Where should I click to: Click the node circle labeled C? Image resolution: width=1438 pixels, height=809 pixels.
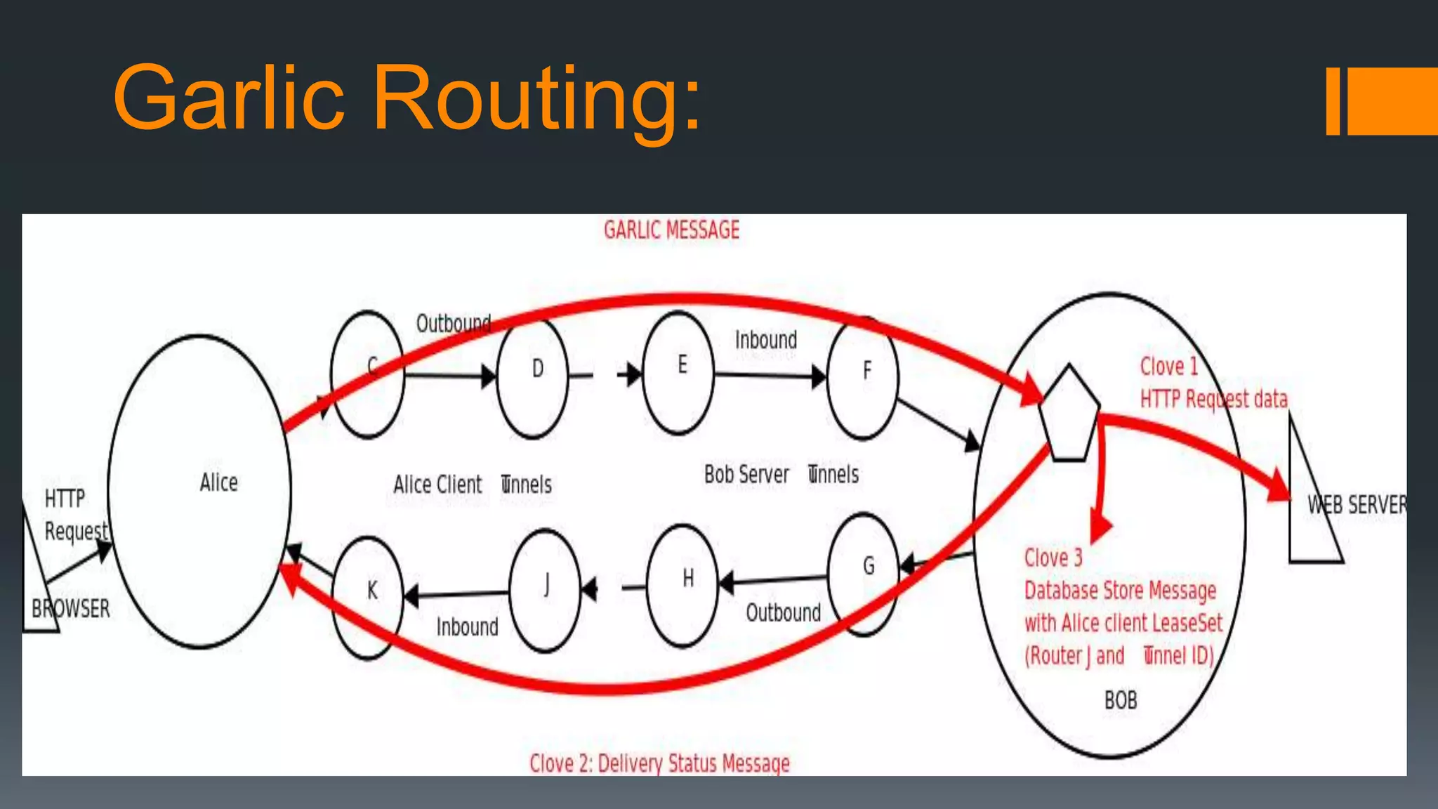pos(367,374)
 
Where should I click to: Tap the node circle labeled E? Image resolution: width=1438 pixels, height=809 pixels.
pos(678,373)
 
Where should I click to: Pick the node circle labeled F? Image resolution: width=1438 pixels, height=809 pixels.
pos(863,378)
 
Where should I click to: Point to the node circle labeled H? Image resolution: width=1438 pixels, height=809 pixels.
pos(682,585)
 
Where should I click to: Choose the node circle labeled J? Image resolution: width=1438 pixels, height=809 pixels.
pos(546,591)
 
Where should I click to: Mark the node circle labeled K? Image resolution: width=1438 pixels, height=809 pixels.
pos(367,598)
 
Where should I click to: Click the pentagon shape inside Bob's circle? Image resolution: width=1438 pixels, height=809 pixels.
pos(1069,414)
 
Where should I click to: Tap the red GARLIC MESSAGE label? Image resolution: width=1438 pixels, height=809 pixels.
pos(671,230)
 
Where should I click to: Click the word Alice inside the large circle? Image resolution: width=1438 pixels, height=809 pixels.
pos(218,482)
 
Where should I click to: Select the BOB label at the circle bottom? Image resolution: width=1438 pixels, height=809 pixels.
pos(1120,700)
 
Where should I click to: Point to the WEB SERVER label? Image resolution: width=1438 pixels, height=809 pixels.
pos(1357,504)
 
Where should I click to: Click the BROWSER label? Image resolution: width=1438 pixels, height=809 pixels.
pos(71,608)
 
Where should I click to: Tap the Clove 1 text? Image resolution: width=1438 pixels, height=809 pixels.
pos(1168,367)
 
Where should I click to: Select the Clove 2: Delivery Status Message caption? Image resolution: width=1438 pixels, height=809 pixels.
pos(659,763)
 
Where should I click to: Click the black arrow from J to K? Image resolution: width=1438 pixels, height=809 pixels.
pos(456,595)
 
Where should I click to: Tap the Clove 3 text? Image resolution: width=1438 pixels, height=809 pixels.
pos(1053,558)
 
